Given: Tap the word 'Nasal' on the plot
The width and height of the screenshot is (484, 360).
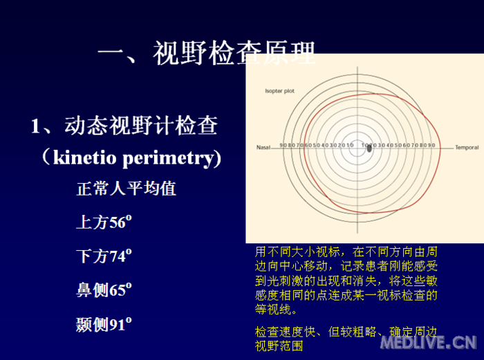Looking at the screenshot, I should pos(263,147).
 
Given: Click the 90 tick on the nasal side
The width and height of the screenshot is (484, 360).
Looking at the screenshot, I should pos(283,146).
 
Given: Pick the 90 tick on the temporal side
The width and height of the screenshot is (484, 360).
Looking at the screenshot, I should pos(431,146).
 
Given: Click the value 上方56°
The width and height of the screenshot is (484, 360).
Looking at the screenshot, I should pos(104,222).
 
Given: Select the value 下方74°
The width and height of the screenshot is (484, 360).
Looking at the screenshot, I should pos(104,256).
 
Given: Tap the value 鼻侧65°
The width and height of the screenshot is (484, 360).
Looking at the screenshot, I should pos(104,290).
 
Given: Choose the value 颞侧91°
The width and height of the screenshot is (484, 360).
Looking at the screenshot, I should pos(104,323).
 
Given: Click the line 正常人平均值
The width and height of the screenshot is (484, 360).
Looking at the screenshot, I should pos(126,188).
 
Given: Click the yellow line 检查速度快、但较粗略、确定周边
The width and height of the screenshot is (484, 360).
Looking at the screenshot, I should pos(346,332).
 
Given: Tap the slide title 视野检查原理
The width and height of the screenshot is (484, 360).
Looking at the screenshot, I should pos(234,53).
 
